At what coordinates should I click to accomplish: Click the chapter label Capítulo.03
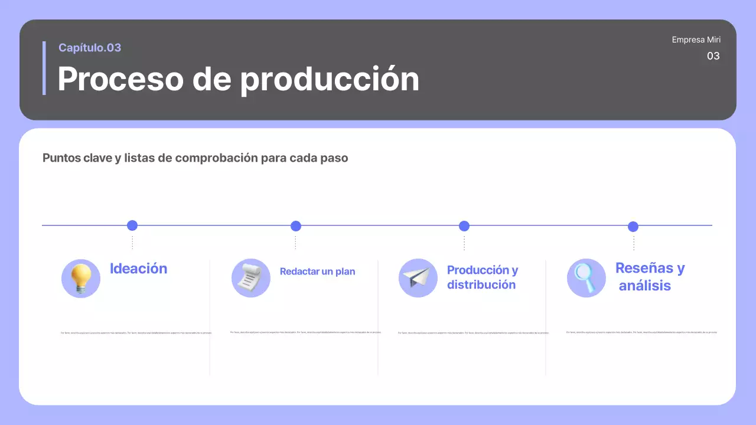tap(90, 48)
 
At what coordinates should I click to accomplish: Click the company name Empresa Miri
tap(696, 40)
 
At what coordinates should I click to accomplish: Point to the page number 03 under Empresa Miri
tap(713, 56)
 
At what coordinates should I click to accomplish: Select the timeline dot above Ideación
tap(132, 225)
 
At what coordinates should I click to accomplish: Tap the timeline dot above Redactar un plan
tap(296, 226)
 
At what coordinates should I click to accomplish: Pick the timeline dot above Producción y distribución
tap(464, 226)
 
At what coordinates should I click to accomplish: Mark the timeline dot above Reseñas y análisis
tap(633, 227)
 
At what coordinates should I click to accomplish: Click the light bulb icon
tap(81, 279)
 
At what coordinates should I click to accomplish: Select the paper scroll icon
tap(250, 278)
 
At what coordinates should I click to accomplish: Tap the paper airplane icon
tap(418, 278)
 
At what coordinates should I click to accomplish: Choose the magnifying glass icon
tap(586, 278)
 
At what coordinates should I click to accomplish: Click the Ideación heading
tap(138, 269)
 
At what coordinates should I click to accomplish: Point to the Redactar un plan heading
tap(317, 272)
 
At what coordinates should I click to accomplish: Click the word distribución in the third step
tap(481, 285)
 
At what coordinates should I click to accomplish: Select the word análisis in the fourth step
tap(644, 286)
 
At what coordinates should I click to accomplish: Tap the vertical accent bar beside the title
tap(44, 68)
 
